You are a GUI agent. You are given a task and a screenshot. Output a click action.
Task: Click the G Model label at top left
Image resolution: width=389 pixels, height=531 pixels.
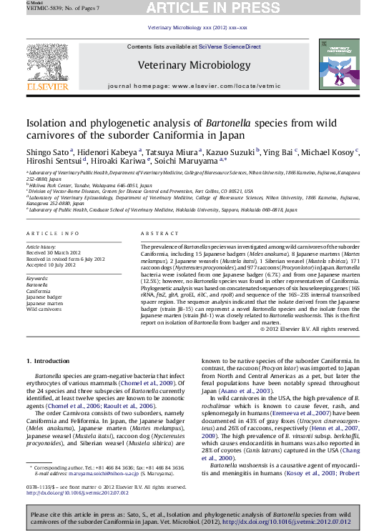14,3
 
